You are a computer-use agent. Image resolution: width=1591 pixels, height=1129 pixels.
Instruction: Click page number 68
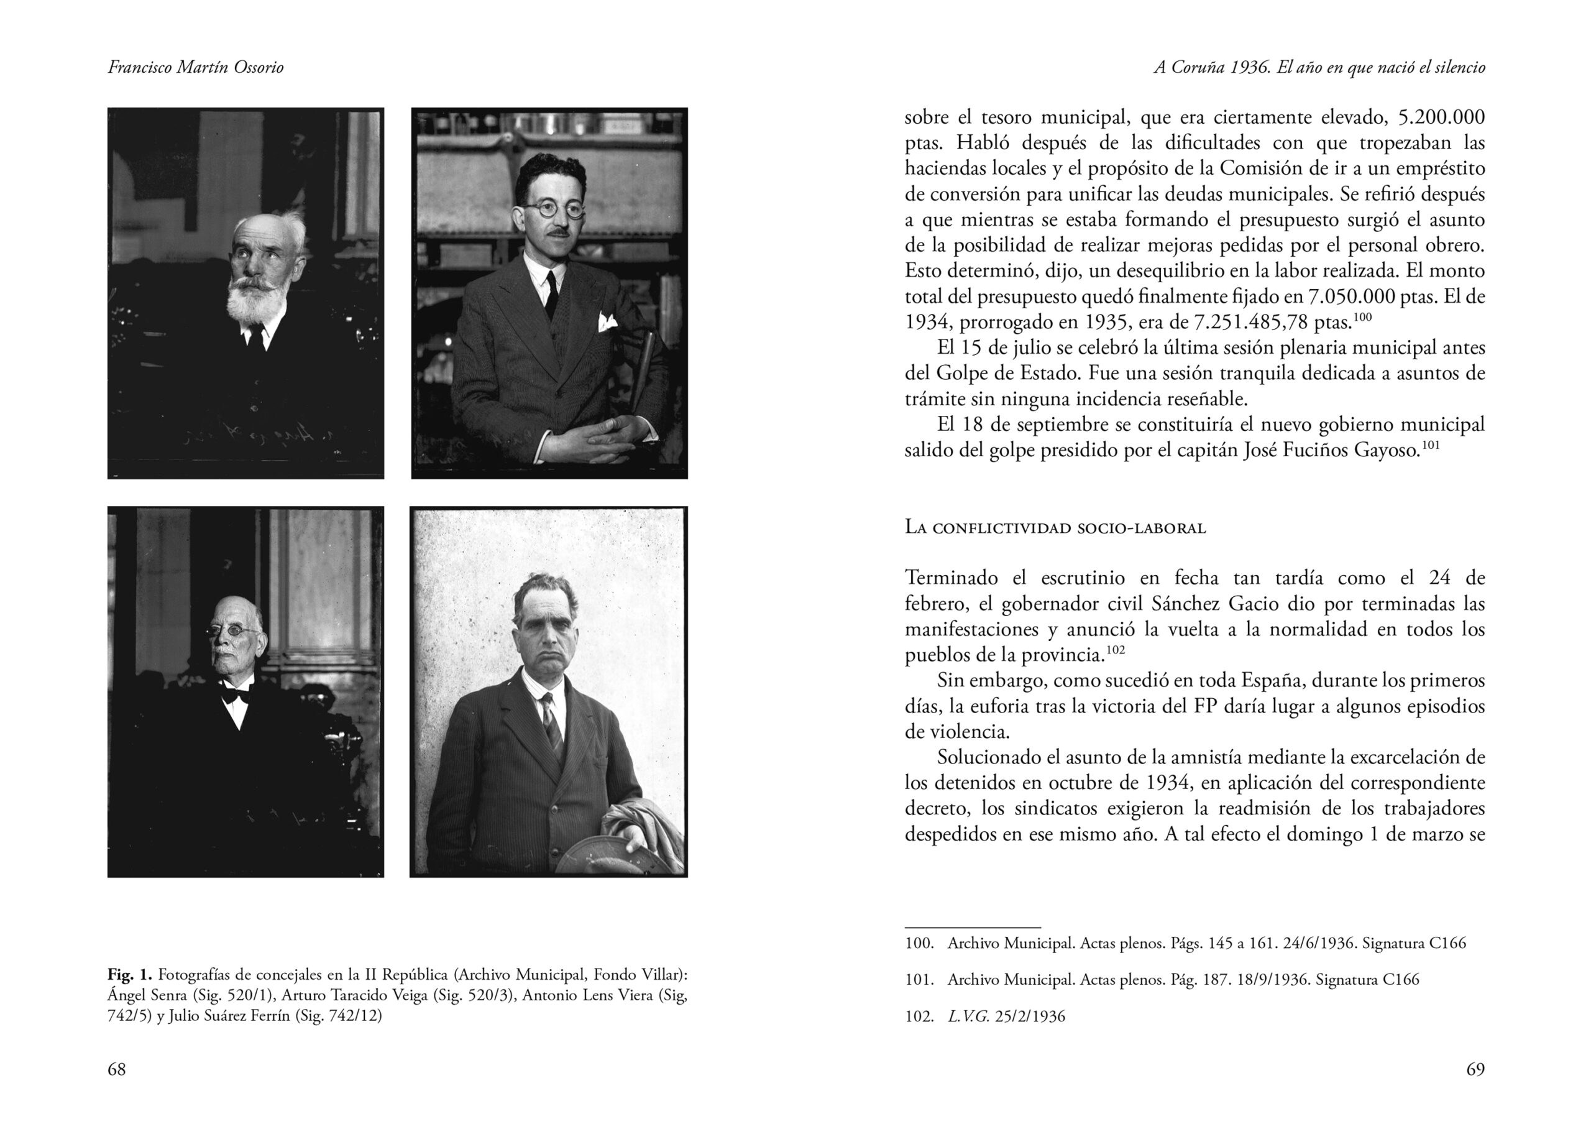tap(117, 1069)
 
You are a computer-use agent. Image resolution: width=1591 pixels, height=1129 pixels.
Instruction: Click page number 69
tap(1475, 1069)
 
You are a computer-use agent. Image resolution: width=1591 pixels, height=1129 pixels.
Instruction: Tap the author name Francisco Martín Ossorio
tap(195, 67)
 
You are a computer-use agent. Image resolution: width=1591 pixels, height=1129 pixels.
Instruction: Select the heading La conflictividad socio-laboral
tap(1055, 528)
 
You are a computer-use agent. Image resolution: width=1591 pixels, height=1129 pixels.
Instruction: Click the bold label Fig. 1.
tap(129, 975)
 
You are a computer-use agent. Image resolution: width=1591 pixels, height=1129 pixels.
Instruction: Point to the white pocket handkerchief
tap(607, 321)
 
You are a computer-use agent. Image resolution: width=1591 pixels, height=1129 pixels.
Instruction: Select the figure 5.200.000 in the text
tap(1441, 117)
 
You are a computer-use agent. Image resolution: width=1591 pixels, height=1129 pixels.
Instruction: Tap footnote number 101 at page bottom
tap(919, 980)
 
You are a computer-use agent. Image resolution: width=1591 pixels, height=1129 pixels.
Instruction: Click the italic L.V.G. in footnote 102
tap(968, 1016)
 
